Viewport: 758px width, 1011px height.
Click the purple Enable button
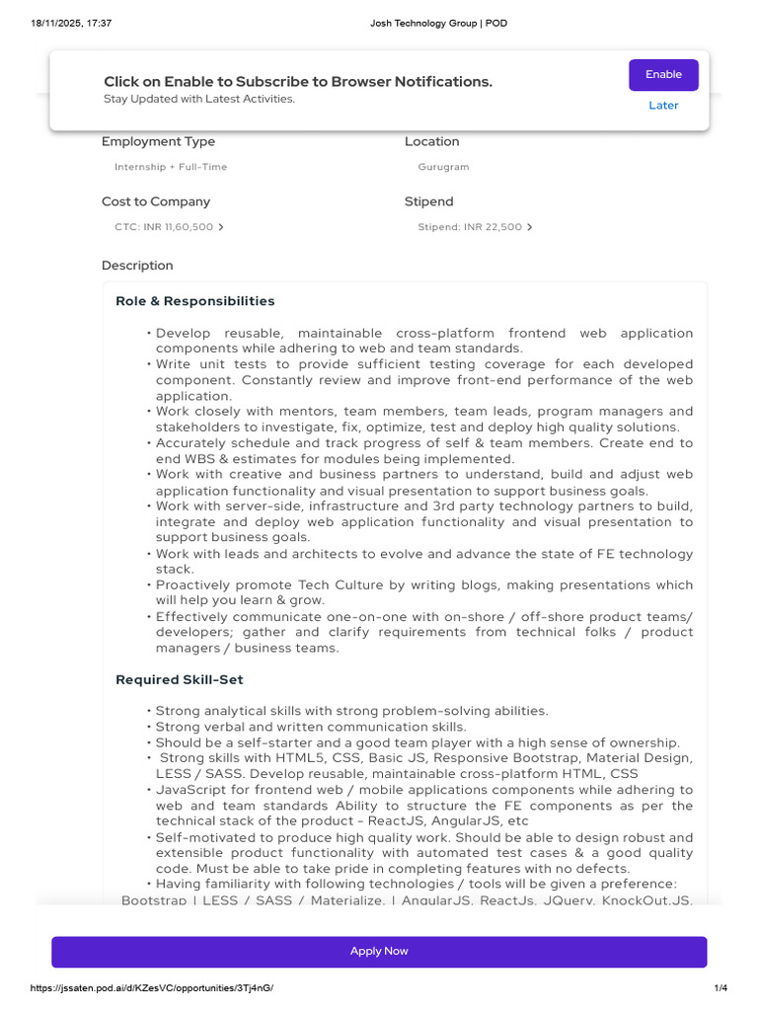point(663,75)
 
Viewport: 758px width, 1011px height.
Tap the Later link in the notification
point(663,106)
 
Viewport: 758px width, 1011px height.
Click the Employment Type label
point(158,142)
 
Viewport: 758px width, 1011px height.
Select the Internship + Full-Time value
point(171,167)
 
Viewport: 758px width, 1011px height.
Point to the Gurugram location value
point(443,167)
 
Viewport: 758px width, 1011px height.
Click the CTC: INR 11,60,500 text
point(164,227)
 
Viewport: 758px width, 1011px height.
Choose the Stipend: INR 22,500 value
point(470,227)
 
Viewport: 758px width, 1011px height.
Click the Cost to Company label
point(156,201)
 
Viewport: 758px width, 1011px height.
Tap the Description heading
point(137,266)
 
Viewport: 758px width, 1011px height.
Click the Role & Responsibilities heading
point(195,301)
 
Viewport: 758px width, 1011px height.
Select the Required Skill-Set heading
point(180,680)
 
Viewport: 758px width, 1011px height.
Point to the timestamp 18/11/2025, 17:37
point(71,23)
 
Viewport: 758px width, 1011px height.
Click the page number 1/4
point(720,988)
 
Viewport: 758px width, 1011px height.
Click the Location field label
point(431,142)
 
